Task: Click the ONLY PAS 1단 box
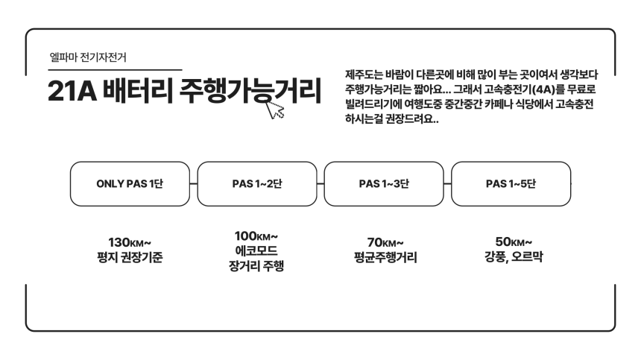point(130,184)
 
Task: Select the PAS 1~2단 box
point(257,184)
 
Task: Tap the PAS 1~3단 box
point(384,184)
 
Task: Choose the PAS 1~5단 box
point(511,184)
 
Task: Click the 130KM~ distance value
point(130,243)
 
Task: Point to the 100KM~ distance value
point(256,236)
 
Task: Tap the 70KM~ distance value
point(385,243)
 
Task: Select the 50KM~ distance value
point(514,242)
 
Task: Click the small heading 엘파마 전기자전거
point(88,57)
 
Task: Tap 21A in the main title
point(72,91)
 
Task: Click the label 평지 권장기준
point(130,257)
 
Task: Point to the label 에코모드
point(256,250)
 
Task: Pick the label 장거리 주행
point(256,266)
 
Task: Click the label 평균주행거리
point(385,257)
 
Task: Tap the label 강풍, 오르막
point(514,256)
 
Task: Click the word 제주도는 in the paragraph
point(364,75)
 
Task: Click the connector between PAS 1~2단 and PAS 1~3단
point(320,184)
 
